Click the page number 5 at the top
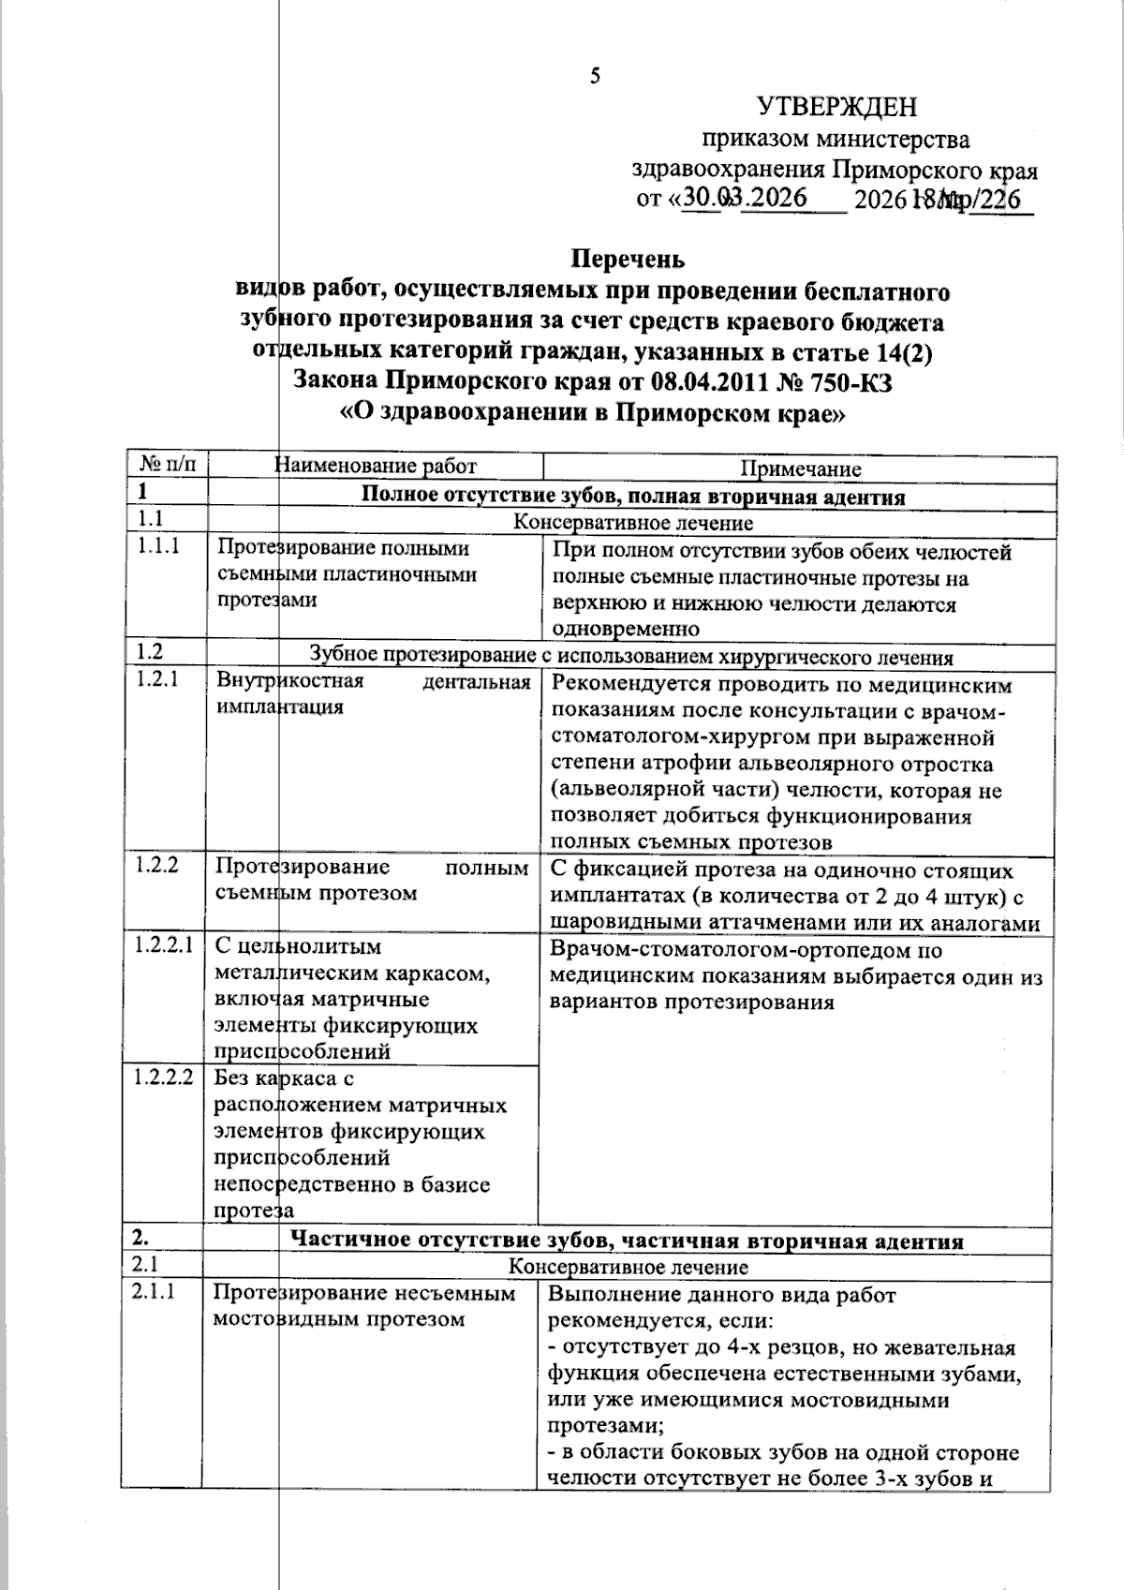click(595, 77)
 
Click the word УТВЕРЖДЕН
click(837, 107)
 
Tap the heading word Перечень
click(629, 258)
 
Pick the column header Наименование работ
click(376, 466)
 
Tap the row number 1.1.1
click(157, 546)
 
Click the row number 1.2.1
click(157, 679)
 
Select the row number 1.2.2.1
click(163, 944)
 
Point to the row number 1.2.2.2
click(163, 1077)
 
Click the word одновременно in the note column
click(626, 629)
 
